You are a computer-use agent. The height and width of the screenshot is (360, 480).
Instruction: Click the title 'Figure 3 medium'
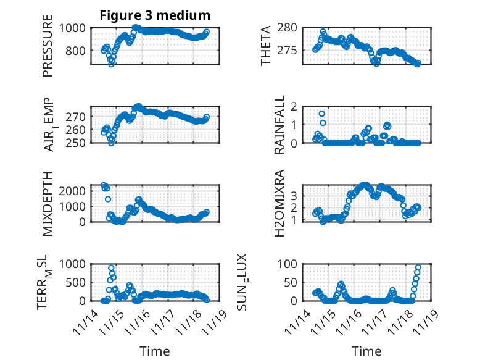[155, 15]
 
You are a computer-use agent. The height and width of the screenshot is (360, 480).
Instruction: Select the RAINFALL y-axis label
[279, 125]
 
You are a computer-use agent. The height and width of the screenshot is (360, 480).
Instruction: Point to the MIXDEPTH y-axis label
[48, 203]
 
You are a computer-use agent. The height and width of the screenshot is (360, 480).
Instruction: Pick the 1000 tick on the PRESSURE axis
[75, 28]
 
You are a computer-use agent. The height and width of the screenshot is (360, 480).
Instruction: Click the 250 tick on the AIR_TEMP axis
[78, 143]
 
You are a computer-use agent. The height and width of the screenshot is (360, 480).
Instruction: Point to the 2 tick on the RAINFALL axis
[306, 107]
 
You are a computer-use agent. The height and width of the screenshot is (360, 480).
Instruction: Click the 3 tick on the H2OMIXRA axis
[306, 196]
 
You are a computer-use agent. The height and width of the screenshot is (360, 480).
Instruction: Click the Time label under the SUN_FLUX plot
[366, 351]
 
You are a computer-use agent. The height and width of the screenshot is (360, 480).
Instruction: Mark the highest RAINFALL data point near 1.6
[322, 114]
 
